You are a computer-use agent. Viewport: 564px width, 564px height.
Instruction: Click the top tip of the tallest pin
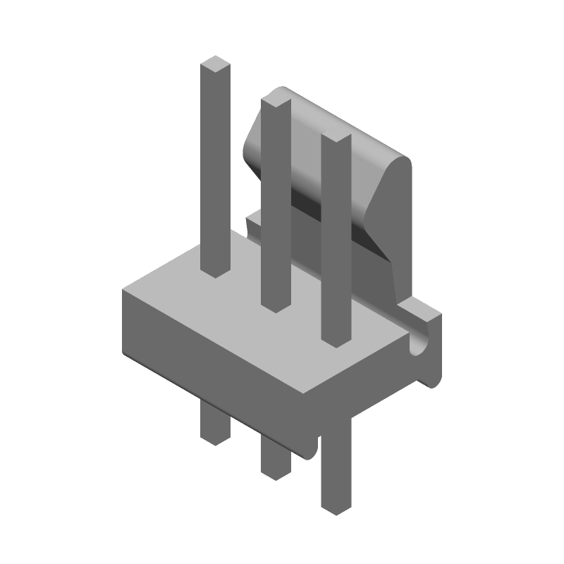215,67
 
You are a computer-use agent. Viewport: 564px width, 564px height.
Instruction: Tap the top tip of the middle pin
276,103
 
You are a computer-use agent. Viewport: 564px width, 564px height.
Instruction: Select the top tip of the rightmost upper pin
336,138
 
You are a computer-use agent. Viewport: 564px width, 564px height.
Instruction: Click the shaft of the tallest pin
215,169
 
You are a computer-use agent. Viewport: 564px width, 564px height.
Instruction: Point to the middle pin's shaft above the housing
276,204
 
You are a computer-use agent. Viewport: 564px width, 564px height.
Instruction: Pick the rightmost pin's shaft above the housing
336,240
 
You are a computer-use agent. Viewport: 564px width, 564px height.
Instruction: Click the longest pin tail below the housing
336,465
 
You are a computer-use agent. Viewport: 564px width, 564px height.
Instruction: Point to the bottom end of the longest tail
336,508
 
